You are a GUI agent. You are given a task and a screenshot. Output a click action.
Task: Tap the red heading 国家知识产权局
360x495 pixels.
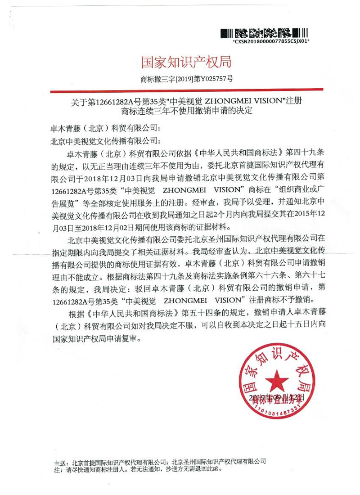(x=187, y=62)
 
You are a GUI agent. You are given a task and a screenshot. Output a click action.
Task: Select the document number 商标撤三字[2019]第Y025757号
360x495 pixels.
(x=187, y=79)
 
